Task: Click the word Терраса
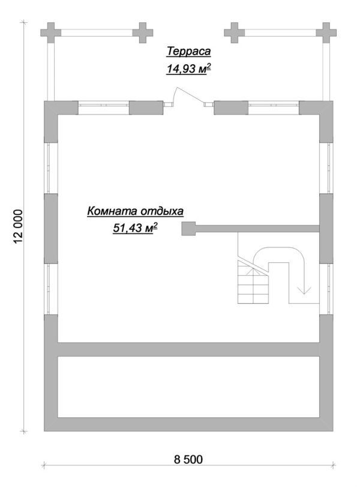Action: [188, 52]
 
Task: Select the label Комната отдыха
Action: [136, 211]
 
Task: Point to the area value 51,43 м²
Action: [134, 228]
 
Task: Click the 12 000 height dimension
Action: [19, 227]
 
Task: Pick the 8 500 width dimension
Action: [188, 459]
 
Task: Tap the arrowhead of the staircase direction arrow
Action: [304, 290]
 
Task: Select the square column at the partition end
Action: [188, 229]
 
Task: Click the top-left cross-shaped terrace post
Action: [51, 32]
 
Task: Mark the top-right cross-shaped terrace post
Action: [326, 32]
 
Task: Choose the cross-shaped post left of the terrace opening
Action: [143, 32]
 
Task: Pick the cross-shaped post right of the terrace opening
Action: [235, 32]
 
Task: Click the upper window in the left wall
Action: [51, 168]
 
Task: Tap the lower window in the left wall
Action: [51, 289]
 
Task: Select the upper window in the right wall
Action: [326, 168]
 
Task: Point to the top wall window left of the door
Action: [103, 107]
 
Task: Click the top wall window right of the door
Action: [274, 107]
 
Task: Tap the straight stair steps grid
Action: [253, 282]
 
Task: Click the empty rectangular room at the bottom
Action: [188, 387]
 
